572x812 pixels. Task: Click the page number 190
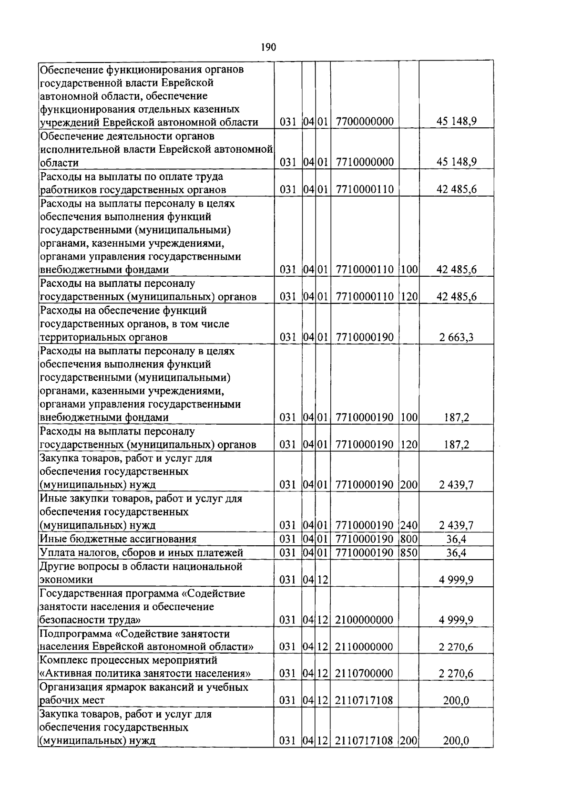pyautogui.click(x=269, y=47)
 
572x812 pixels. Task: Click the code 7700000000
pyautogui.click(x=364, y=122)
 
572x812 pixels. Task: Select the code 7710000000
pyautogui.click(x=364, y=162)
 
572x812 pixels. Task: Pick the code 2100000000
pyautogui.click(x=364, y=620)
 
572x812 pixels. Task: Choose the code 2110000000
pyautogui.click(x=364, y=647)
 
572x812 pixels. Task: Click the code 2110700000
pyautogui.click(x=364, y=674)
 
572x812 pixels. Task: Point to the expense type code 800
pyautogui.click(x=409, y=539)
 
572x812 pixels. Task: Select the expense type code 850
pyautogui.click(x=409, y=553)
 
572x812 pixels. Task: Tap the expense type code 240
pyautogui.click(x=409, y=526)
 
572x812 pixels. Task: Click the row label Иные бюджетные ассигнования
pyautogui.click(x=118, y=539)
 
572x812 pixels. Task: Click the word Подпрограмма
pyautogui.click(x=77, y=634)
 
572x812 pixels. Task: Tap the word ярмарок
pyautogui.click(x=132, y=687)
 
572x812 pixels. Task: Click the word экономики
pyautogui.click(x=66, y=580)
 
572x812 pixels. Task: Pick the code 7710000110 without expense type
pyautogui.click(x=364, y=189)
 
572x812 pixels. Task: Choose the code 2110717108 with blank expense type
pyautogui.click(x=364, y=701)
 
